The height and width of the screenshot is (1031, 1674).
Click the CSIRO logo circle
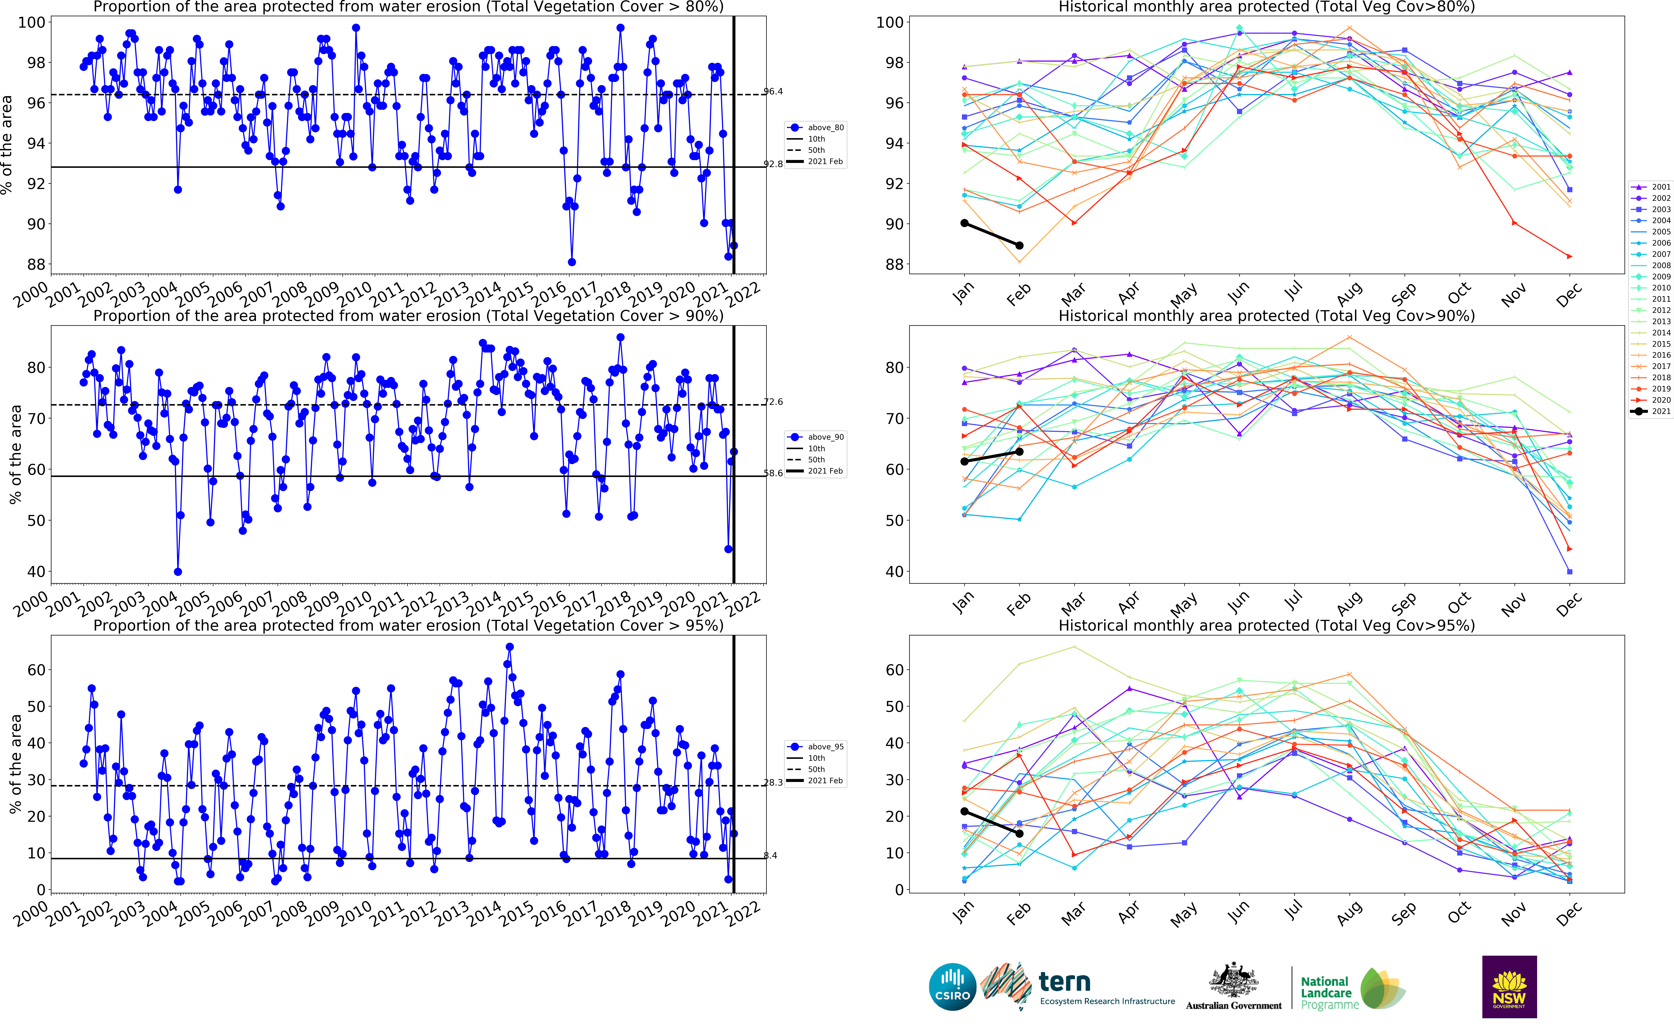[x=952, y=987]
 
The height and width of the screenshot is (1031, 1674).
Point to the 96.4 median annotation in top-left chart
[x=773, y=91]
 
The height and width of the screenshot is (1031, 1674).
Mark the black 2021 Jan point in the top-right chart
[x=965, y=223]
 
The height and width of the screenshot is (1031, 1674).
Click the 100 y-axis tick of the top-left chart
[x=31, y=22]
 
